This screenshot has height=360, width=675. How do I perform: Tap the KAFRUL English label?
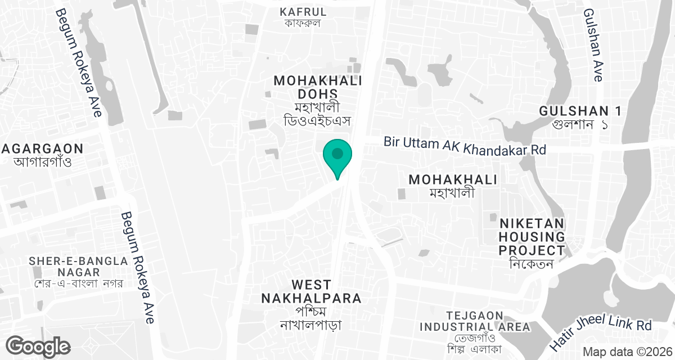point(303,11)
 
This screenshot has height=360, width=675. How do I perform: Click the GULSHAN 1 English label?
point(580,111)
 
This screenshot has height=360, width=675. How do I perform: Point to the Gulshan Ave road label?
point(593,45)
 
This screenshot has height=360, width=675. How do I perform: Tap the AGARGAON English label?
point(42,149)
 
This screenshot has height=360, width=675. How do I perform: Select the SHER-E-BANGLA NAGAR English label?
point(79,268)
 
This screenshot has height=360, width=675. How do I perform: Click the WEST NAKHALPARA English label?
point(311,291)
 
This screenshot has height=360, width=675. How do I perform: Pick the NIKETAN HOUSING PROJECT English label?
point(532,236)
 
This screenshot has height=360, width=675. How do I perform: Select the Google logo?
point(38,345)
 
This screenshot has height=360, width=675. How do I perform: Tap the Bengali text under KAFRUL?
point(303,24)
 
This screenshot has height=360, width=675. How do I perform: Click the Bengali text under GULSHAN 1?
point(580,124)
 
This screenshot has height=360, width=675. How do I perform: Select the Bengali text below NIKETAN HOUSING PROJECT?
point(532,264)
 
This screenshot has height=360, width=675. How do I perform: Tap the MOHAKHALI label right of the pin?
point(453,179)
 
